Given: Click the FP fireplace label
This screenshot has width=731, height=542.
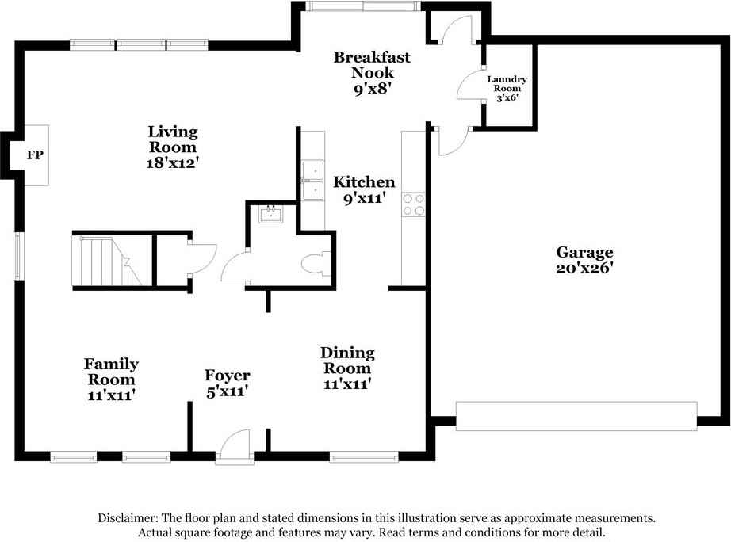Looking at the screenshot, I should coord(35,155).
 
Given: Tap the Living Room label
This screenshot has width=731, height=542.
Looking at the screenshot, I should coord(172,139).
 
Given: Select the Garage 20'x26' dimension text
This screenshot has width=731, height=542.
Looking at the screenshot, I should coord(584,268).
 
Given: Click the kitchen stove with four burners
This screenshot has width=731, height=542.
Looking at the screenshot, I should coord(413,204).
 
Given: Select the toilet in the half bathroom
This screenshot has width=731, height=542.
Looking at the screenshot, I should coord(315,262).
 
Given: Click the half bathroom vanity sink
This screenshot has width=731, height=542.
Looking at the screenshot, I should coord(272,214).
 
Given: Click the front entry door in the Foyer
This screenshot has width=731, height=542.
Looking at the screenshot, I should coord(233,446).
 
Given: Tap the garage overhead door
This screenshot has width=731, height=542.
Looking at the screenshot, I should coord(576,416).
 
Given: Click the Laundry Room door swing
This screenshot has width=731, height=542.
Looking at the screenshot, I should coord(472,84).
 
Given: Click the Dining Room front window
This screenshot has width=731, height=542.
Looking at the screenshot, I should coord(364,456).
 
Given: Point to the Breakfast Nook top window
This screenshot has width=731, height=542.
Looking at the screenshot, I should coord(363,6).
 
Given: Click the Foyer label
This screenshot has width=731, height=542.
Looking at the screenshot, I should coord(228,376).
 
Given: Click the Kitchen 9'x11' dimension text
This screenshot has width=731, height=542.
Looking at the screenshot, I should coord(363,198).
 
